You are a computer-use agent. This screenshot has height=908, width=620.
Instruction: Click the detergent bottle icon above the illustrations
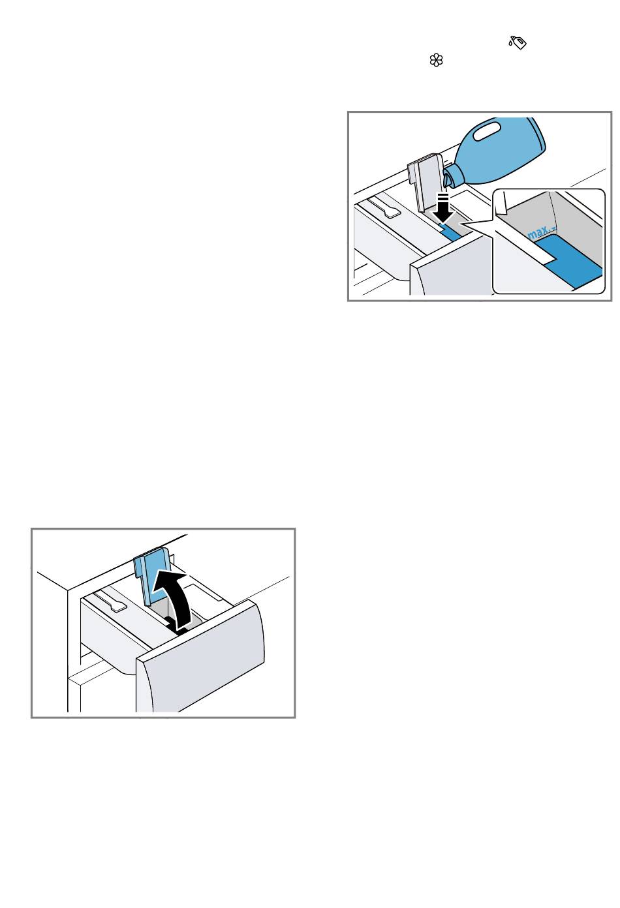[518, 42]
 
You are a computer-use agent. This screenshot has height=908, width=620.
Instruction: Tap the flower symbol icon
[436, 61]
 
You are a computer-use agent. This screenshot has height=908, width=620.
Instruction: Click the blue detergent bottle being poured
[499, 150]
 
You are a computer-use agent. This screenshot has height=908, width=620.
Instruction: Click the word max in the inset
[538, 233]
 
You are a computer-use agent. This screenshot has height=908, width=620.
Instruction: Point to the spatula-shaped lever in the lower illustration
[110, 601]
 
